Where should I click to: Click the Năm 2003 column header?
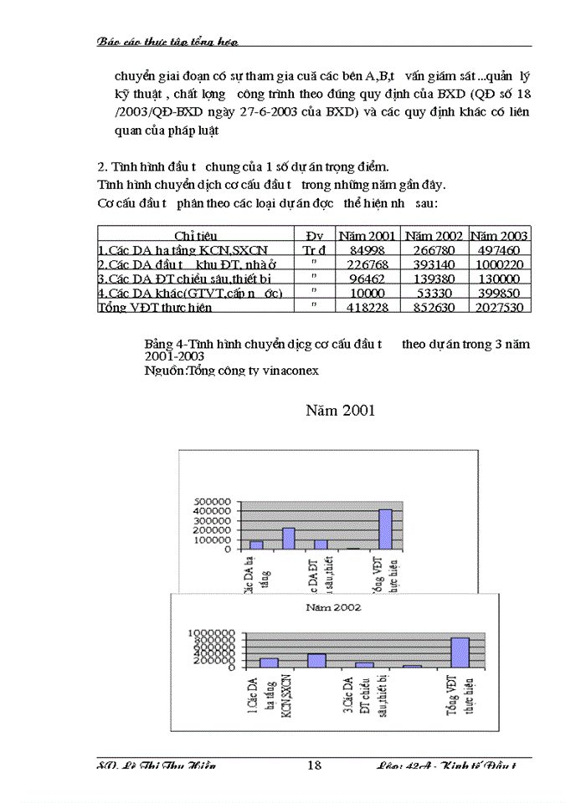(500, 235)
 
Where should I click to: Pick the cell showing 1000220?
(501, 264)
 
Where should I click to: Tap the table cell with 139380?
(434, 279)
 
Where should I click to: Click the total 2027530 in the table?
(501, 307)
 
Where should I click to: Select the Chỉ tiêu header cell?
(195, 235)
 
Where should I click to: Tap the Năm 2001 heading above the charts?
(340, 410)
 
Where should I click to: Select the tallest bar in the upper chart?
(385, 529)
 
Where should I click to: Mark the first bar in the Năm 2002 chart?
(269, 662)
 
